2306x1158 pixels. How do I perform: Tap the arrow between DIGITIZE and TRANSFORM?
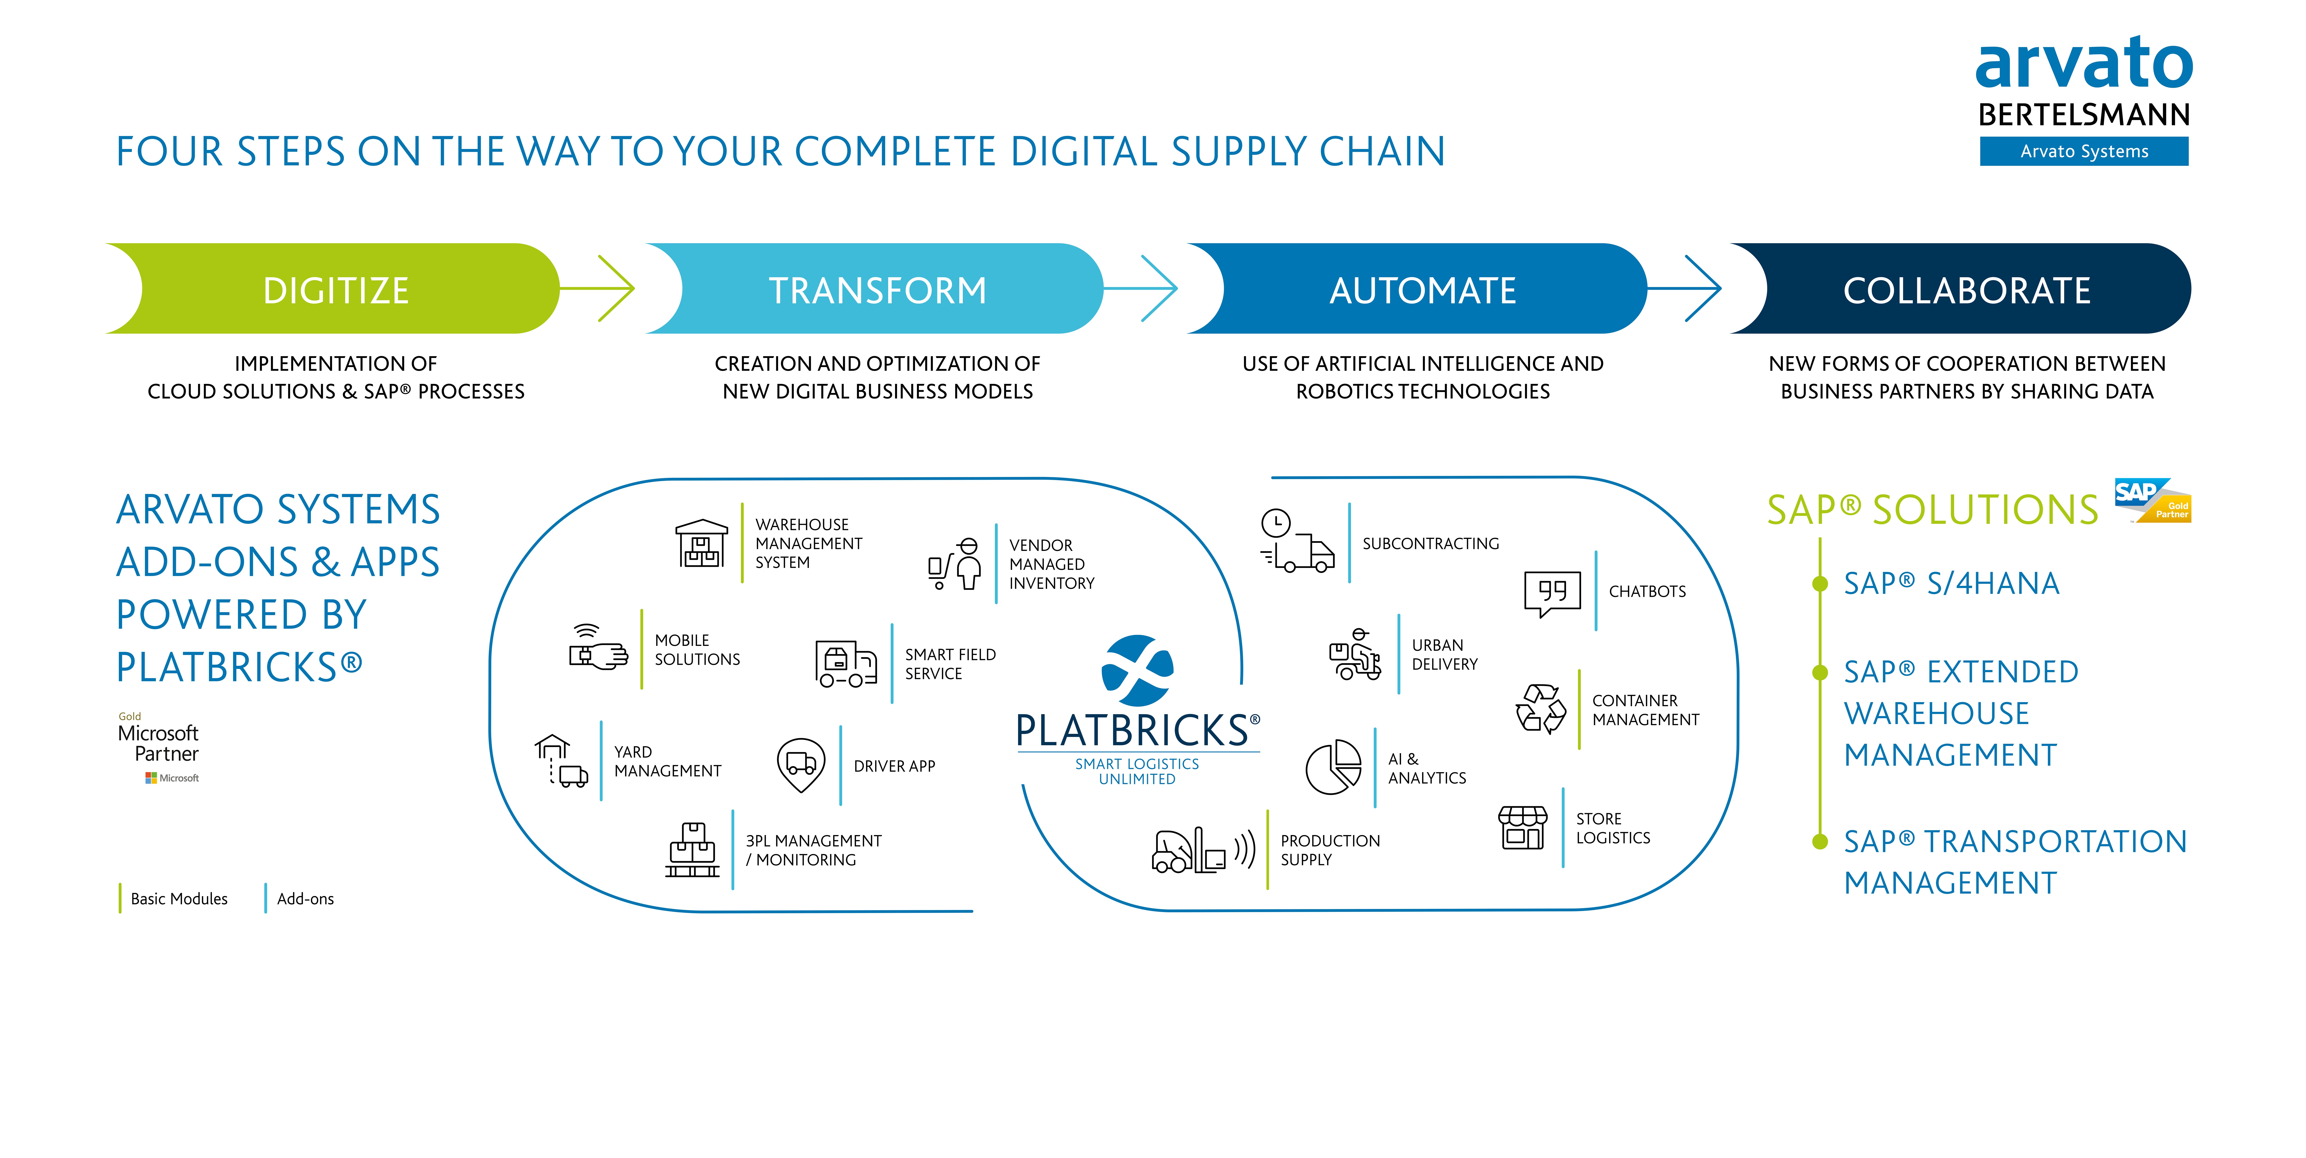pyautogui.click(x=597, y=288)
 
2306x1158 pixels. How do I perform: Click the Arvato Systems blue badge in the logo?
pyautogui.click(x=2084, y=151)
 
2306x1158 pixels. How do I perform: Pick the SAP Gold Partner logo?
pyautogui.click(x=2152, y=500)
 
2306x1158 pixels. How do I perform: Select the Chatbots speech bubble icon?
pyautogui.click(x=1552, y=594)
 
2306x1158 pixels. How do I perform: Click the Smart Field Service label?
pyautogui.click(x=950, y=664)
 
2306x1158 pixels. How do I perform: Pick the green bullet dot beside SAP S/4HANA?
pyautogui.click(x=1820, y=584)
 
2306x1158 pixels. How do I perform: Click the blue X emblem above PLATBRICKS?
pyautogui.click(x=1137, y=670)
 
